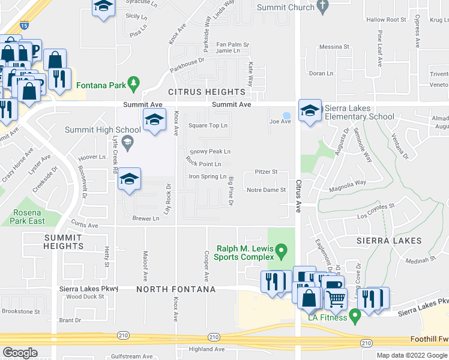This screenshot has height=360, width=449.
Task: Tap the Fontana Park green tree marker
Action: pyautogui.click(x=136, y=81)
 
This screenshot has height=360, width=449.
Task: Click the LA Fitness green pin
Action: pyautogui.click(x=355, y=313)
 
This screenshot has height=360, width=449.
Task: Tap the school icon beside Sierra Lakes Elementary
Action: pyautogui.click(x=310, y=110)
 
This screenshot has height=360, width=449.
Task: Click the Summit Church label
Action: pyautogui.click(x=285, y=7)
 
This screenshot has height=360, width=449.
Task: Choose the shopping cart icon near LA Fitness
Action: pyautogui.click(x=337, y=298)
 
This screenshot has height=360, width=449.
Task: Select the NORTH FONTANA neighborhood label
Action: pyautogui.click(x=176, y=290)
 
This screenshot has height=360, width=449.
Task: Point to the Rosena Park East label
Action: pyautogui.click(x=28, y=217)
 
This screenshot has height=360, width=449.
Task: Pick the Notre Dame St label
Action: pyautogui.click(x=267, y=190)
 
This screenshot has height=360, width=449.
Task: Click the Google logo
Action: pyautogui.click(x=20, y=353)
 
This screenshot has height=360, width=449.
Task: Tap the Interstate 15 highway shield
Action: pyautogui.click(x=23, y=25)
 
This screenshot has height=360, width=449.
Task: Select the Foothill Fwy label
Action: pyautogui.click(x=429, y=339)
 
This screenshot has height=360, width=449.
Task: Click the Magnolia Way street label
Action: pyautogui.click(x=351, y=183)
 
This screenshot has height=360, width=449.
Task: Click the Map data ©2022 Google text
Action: pyautogui.click(x=412, y=355)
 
